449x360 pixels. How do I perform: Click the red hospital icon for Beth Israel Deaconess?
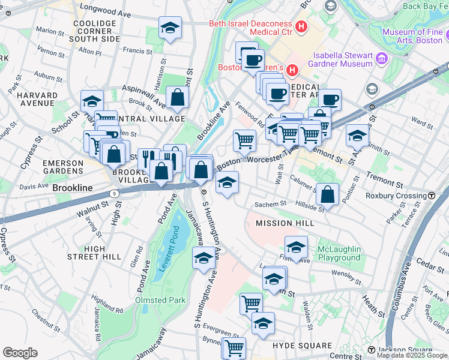coord(301,27)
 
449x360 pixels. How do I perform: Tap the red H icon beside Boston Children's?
coord(292,70)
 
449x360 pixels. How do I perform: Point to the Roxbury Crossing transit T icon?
coord(432,196)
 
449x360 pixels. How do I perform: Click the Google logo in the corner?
coord(20,353)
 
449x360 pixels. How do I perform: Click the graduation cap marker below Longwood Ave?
coord(170,28)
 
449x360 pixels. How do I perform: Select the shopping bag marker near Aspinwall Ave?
coord(177,98)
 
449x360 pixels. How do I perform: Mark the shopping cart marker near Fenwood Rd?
coord(244,141)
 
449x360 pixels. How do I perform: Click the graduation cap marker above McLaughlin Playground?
coord(296,247)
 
